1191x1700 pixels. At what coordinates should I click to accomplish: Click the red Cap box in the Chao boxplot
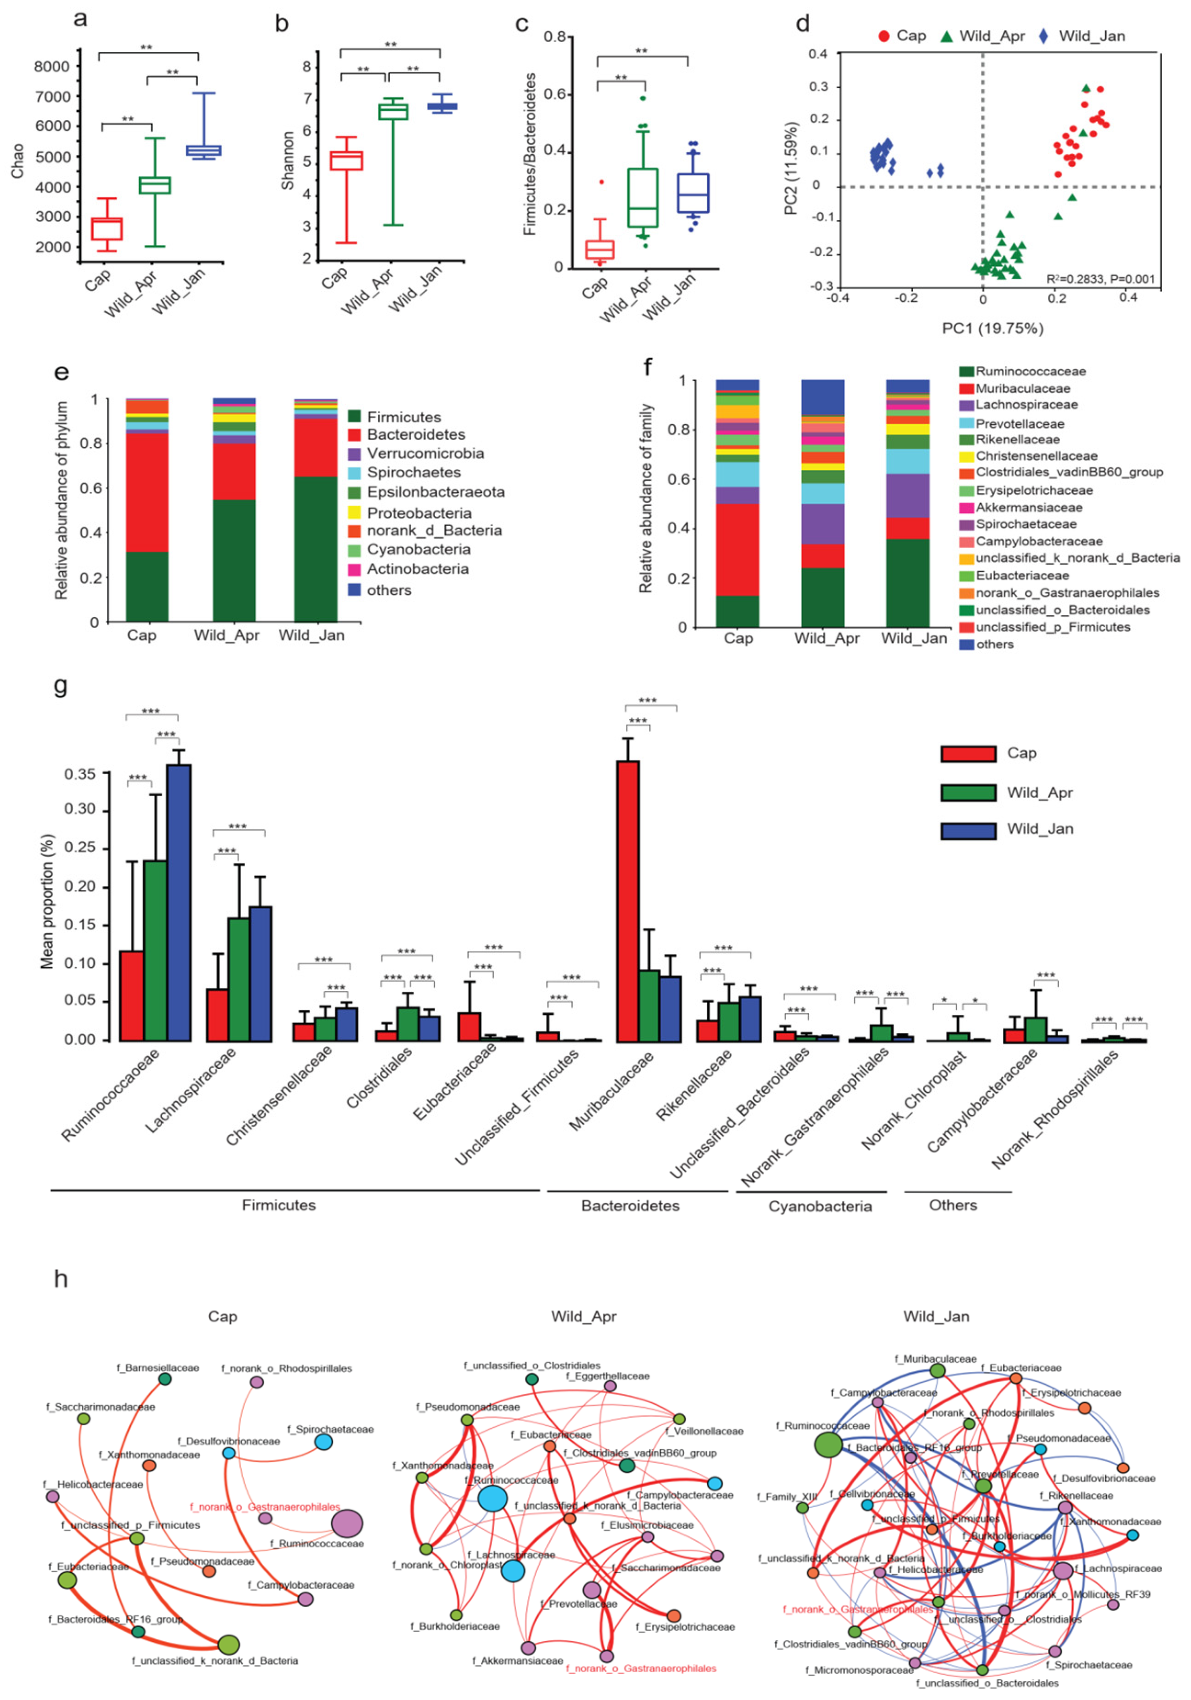(106, 229)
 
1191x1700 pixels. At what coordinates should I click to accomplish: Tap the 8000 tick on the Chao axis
(52, 67)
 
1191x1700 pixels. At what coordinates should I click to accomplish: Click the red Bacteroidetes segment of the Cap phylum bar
(147, 492)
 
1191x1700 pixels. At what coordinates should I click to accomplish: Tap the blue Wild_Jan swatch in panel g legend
(967, 830)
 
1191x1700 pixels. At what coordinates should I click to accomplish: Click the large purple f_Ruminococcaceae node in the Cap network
(347, 1524)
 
